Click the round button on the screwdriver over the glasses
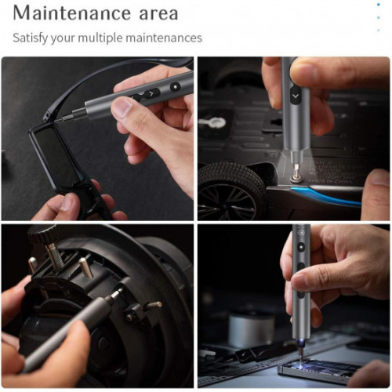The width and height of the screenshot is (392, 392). tap(175, 85)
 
